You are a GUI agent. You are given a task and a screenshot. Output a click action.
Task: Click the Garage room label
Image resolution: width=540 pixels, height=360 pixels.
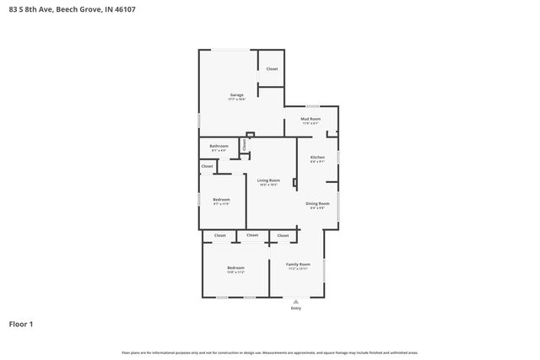click(x=237, y=94)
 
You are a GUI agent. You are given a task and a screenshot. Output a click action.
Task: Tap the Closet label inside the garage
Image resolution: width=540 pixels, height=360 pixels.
click(x=272, y=68)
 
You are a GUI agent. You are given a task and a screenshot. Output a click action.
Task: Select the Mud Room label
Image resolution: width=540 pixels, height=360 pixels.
click(x=310, y=119)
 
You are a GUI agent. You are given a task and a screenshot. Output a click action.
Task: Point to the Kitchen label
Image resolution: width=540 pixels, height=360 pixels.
click(x=317, y=158)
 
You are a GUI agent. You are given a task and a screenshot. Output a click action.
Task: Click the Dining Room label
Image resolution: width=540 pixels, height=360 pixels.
click(x=317, y=203)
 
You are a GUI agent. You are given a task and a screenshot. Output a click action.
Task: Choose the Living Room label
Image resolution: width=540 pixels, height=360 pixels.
click(x=268, y=180)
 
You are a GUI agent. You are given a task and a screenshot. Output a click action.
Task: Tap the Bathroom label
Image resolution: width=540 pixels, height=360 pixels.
click(x=219, y=146)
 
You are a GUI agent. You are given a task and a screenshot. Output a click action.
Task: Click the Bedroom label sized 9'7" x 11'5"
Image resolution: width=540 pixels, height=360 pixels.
click(x=221, y=199)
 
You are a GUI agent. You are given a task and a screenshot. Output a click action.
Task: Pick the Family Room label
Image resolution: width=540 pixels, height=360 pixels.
click(x=299, y=264)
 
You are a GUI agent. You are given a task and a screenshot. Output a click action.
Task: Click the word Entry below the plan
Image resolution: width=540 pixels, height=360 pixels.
click(x=295, y=309)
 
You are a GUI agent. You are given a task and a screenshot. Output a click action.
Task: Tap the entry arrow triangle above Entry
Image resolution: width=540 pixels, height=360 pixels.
click(x=295, y=301)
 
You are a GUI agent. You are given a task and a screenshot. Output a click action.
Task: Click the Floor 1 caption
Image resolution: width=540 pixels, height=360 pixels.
click(x=21, y=324)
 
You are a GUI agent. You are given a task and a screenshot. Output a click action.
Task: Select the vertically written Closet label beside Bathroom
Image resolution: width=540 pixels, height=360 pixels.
click(x=245, y=145)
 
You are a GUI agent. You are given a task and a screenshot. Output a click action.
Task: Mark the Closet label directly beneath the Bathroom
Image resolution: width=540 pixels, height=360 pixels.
click(x=208, y=166)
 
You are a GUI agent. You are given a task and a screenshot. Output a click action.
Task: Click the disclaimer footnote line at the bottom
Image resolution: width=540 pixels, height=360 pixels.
click(x=270, y=352)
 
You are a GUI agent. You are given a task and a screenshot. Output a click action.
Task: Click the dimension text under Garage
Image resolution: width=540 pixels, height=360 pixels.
click(x=237, y=99)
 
